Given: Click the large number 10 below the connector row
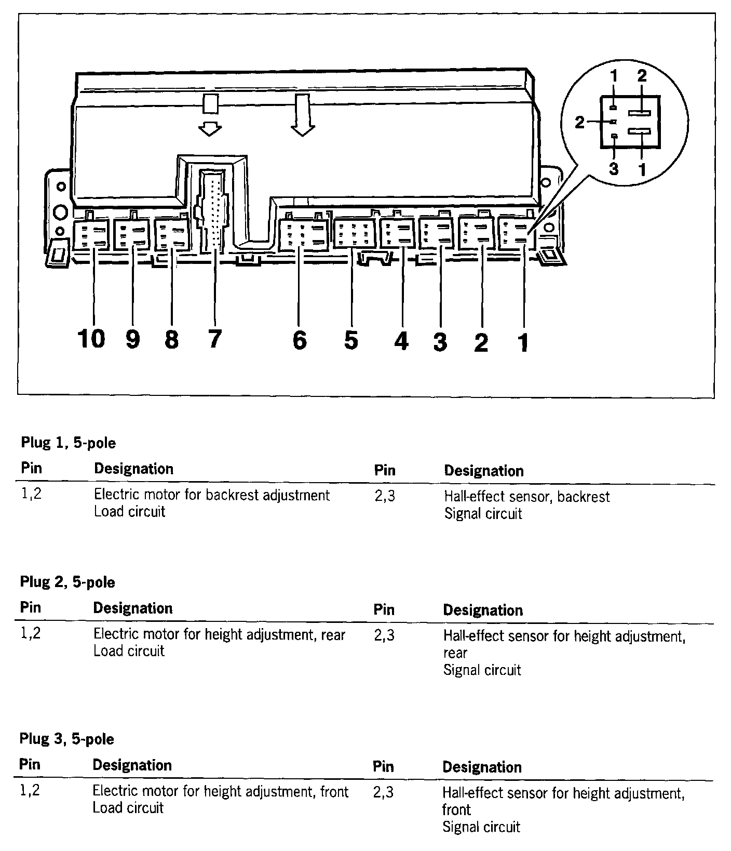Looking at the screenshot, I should pyautogui.click(x=91, y=339).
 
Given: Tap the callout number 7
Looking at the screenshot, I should pyautogui.click(x=214, y=339).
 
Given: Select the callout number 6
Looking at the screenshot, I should pyautogui.click(x=300, y=340).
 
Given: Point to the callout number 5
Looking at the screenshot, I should pyautogui.click(x=351, y=340).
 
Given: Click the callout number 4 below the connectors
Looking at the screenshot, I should pyautogui.click(x=401, y=341).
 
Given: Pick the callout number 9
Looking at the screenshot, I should pyautogui.click(x=133, y=340).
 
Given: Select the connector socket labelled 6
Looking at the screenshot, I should pyautogui.click(x=303, y=235).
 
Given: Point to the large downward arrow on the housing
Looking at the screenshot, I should pyautogui.click(x=303, y=114).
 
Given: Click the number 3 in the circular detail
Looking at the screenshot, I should pyautogui.click(x=614, y=169).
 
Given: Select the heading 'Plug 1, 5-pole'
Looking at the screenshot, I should pyautogui.click(x=68, y=443).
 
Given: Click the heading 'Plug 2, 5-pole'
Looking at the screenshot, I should pyautogui.click(x=67, y=582).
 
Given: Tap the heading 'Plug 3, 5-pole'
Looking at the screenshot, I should pyautogui.click(x=66, y=739).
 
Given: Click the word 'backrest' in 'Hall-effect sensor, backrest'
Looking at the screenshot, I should pyautogui.click(x=584, y=497).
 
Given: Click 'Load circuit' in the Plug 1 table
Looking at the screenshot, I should pyautogui.click(x=129, y=512).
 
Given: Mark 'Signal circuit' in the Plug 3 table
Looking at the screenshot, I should pyautogui.click(x=481, y=827).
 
